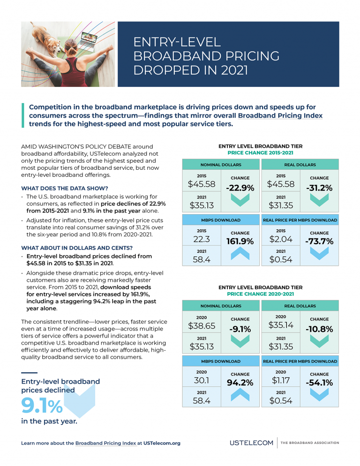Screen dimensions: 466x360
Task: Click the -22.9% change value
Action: [x=240, y=188]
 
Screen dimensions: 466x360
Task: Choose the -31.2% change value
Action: [x=319, y=188]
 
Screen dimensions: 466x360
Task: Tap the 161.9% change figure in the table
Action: [x=240, y=242]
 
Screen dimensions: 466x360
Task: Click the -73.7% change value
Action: [x=319, y=242]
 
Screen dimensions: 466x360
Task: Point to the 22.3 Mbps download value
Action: [x=202, y=240]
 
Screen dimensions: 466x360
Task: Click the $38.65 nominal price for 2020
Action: [x=202, y=325]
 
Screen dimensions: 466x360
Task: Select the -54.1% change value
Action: [x=319, y=383]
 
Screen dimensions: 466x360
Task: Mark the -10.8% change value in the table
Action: [x=319, y=329]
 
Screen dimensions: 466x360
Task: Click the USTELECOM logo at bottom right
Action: [x=251, y=443]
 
